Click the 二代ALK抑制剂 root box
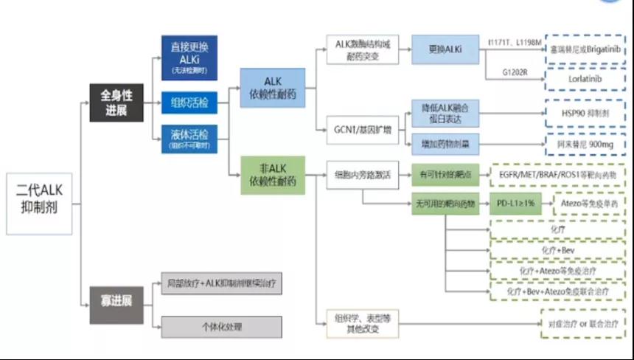pyautogui.click(x=38, y=204)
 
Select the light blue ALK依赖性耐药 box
pyautogui.click(x=273, y=89)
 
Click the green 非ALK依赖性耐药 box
pyautogui.click(x=273, y=175)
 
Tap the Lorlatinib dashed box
pyautogui.click(x=585, y=75)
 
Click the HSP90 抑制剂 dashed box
pyautogui.click(x=585, y=114)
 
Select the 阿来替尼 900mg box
pyautogui.click(x=585, y=145)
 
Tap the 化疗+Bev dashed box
pyautogui.click(x=557, y=252)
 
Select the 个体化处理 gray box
pyautogui.click(x=221, y=327)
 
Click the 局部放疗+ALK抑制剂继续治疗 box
pyautogui.click(x=221, y=283)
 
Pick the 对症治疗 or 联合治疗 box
pyautogui.click(x=582, y=324)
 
